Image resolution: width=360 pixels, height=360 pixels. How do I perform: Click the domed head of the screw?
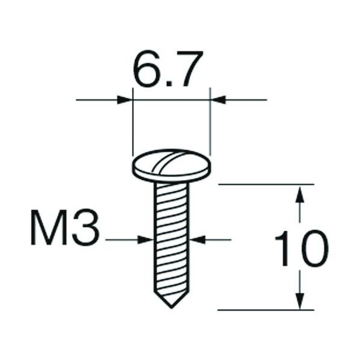click(171, 164)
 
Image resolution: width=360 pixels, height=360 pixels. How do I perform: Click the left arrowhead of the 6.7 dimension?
click(125, 99)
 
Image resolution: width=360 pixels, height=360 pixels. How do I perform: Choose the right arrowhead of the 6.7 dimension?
click(217, 99)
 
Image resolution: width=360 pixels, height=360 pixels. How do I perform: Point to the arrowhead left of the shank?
click(146, 240)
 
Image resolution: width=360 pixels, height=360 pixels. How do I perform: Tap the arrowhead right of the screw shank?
click(197, 240)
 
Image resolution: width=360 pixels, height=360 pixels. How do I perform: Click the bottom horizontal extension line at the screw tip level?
click(265, 310)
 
